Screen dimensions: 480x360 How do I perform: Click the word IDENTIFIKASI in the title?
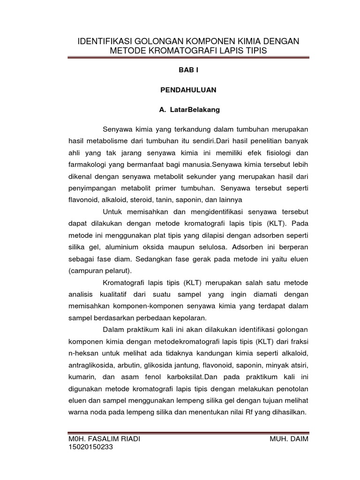point(106,42)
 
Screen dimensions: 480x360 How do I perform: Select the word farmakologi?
point(89,165)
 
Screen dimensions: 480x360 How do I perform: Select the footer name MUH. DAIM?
point(289,439)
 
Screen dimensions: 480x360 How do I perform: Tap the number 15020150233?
point(90,447)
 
